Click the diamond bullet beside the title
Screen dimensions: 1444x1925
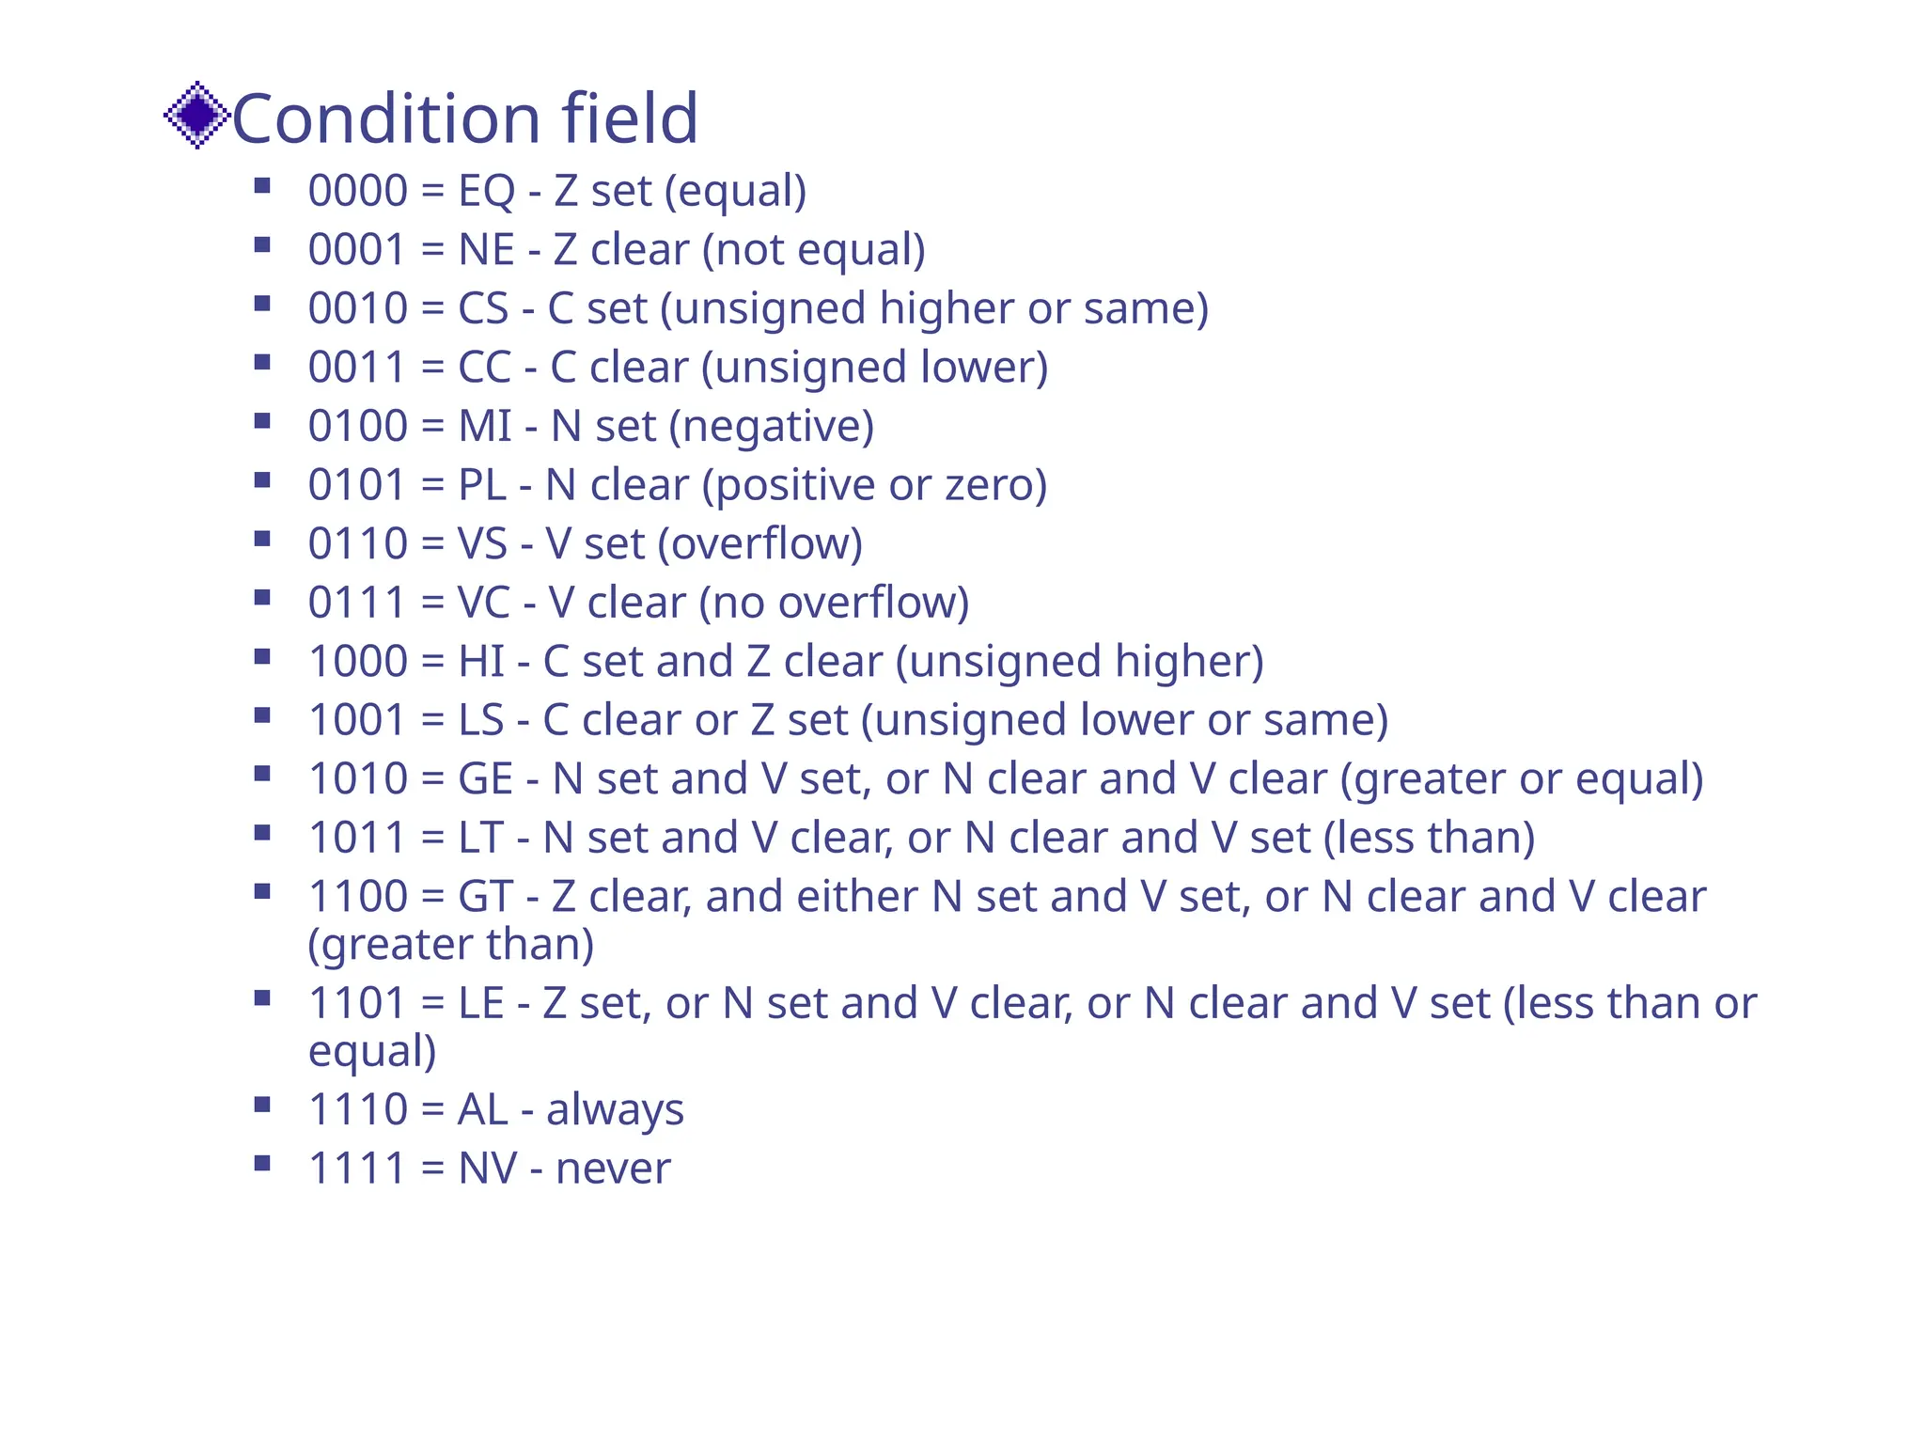pos(196,116)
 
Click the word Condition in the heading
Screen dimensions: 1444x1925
pos(385,118)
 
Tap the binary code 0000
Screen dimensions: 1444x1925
pos(357,191)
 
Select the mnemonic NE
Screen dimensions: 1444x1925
pos(486,250)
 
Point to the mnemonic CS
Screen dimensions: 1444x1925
pos(483,308)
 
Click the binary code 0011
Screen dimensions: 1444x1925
pos(357,368)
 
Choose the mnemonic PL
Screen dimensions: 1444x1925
pos(481,485)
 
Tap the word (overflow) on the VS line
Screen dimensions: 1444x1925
pos(759,544)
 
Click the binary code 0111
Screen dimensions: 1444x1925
pos(357,603)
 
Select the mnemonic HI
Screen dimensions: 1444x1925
pos(479,662)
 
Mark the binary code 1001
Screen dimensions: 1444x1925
pos(357,720)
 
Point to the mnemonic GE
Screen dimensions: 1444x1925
pos(485,779)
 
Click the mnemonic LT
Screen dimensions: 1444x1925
pos(480,838)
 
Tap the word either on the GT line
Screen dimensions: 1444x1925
pos(856,897)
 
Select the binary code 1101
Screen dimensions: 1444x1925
pos(357,1003)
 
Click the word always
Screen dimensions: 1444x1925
pos(615,1110)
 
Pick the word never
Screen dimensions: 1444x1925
pos(613,1169)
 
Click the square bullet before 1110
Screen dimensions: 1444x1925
pos(262,1104)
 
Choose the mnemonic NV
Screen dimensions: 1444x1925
pos(487,1169)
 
